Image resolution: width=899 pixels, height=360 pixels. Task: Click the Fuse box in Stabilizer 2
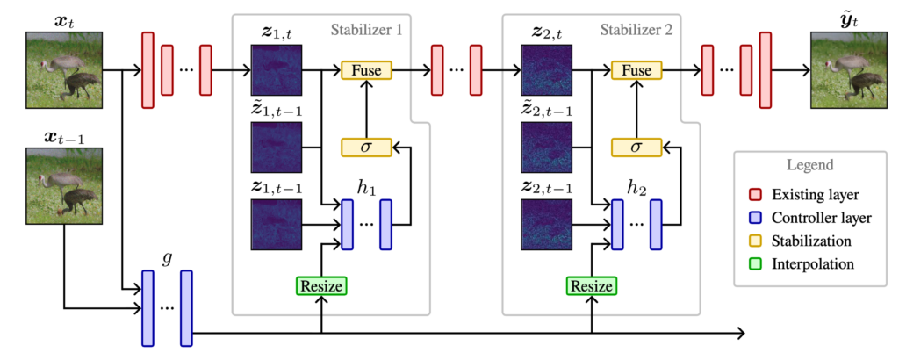tap(636, 70)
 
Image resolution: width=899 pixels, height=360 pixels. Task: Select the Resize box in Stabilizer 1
tap(322, 285)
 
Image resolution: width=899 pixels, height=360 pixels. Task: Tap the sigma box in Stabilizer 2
tap(636, 148)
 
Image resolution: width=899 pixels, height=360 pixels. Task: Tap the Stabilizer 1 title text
tap(366, 30)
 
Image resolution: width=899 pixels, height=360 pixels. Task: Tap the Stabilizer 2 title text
tap(636, 30)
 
